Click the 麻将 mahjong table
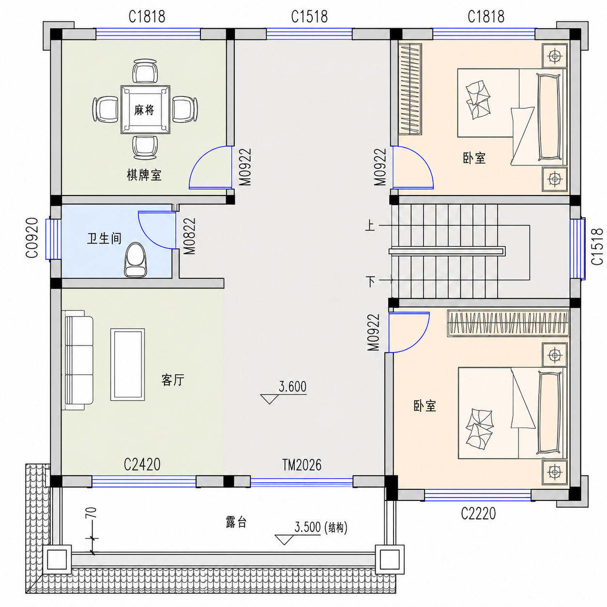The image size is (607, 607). pyautogui.click(x=145, y=109)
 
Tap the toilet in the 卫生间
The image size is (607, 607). pyautogui.click(x=135, y=259)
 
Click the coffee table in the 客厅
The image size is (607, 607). pyautogui.click(x=128, y=364)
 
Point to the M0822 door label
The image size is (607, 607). pyautogui.click(x=189, y=236)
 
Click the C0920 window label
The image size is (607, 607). pyautogui.click(x=32, y=238)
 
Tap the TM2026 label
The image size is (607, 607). pyautogui.click(x=302, y=465)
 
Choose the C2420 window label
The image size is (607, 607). pyautogui.click(x=142, y=464)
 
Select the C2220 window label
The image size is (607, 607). pyautogui.click(x=478, y=514)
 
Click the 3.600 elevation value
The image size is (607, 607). pyautogui.click(x=292, y=386)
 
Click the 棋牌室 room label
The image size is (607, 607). pyautogui.click(x=144, y=175)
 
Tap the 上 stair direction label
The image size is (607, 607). pyautogui.click(x=370, y=226)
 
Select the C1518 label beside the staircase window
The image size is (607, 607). pyautogui.click(x=597, y=247)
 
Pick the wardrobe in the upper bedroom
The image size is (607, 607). pyautogui.click(x=410, y=89)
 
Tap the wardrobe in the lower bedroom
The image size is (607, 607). pyautogui.click(x=508, y=323)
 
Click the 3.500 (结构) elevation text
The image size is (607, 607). pyautogui.click(x=320, y=527)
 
